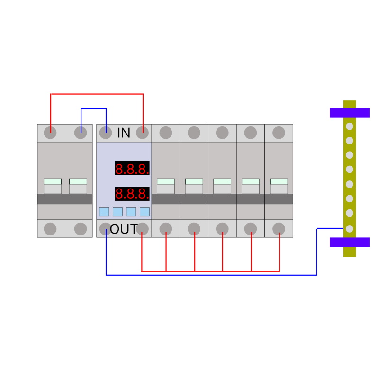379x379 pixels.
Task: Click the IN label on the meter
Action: point(124,133)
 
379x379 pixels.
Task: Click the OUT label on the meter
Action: point(124,229)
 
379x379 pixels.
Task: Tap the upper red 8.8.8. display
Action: point(132,168)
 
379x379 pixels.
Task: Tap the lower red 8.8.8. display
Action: point(132,194)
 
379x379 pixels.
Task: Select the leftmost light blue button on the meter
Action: point(104,211)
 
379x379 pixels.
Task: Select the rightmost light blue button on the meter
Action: point(145,211)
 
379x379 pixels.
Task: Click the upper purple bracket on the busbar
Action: point(350,113)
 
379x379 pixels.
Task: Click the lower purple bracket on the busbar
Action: point(350,242)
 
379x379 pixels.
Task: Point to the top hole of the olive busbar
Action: point(350,126)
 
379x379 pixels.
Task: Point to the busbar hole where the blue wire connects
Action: point(350,229)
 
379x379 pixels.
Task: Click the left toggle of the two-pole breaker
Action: point(53,186)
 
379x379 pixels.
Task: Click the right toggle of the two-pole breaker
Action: point(78,186)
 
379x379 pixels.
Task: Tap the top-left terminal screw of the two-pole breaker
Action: point(50,133)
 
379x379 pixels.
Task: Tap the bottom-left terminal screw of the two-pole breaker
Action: point(50,229)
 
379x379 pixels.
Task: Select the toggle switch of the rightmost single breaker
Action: point(279,186)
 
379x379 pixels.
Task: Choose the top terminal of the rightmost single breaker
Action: point(279,133)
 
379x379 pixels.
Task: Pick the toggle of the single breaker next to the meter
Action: point(166,186)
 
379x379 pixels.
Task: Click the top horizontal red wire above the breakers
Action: point(97,94)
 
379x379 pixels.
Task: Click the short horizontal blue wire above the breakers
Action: point(93,109)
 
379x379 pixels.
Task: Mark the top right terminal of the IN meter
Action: point(143,133)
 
